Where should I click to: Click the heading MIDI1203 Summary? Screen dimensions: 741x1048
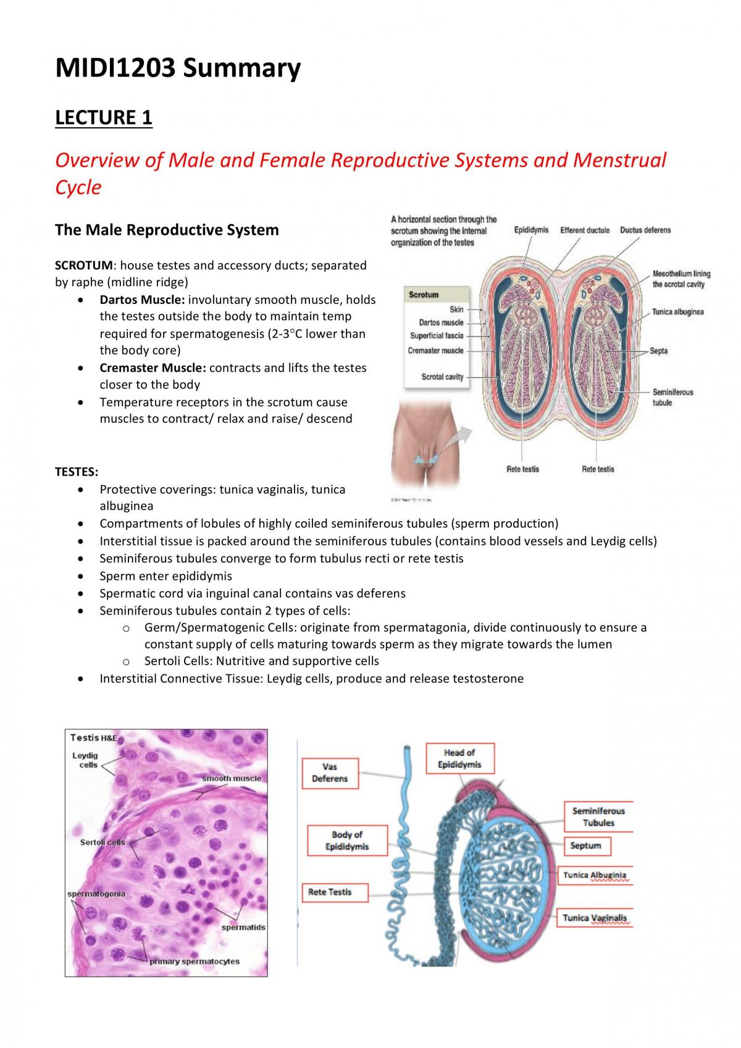[x=178, y=68]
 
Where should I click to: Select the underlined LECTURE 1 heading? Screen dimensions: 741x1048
[x=104, y=117]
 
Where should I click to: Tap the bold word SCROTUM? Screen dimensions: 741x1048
[x=84, y=266]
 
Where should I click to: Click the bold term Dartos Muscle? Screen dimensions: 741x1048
[x=142, y=300]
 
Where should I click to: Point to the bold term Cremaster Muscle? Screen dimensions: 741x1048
[x=153, y=367]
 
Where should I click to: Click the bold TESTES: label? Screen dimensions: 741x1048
[x=77, y=472]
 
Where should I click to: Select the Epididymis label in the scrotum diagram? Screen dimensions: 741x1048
[x=531, y=230]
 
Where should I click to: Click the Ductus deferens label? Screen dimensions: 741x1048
[x=645, y=230]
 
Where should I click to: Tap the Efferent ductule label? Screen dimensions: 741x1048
[x=585, y=230]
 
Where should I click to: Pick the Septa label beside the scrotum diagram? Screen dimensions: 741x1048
[x=659, y=351]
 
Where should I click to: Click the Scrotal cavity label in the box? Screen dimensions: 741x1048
[x=442, y=377]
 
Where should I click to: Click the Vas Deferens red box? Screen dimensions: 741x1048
[x=330, y=773]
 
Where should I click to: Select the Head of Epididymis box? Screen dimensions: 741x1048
[x=460, y=758]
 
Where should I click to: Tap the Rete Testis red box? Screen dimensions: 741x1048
[x=335, y=892]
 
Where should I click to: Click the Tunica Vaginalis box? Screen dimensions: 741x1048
[x=595, y=918]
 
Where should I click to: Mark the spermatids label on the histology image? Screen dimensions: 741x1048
[x=243, y=928]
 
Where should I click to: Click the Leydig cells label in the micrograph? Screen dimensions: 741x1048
[x=86, y=760]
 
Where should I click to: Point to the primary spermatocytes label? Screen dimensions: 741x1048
[x=194, y=962]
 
